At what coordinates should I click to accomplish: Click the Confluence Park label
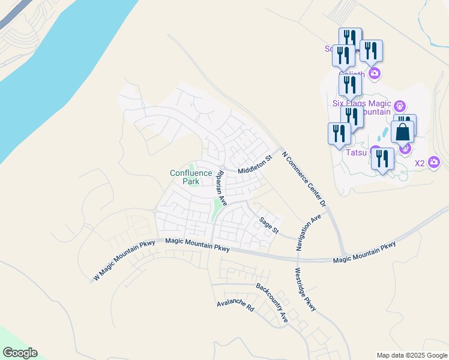coord(191,177)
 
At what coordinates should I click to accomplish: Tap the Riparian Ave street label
coord(220,188)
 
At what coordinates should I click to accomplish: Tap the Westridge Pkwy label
coord(305,288)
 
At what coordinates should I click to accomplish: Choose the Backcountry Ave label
coord(272,302)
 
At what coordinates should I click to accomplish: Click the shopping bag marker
coord(402,131)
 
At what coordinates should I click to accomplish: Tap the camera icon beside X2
coord(434,162)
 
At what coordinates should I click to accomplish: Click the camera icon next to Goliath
coord(375,74)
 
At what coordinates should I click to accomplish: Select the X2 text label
coord(420,163)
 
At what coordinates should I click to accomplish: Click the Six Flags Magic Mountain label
coord(361,107)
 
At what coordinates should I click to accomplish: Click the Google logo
coord(20,353)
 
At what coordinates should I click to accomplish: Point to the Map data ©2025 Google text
coord(412,355)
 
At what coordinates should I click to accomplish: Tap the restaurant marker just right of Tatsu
coord(382,159)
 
